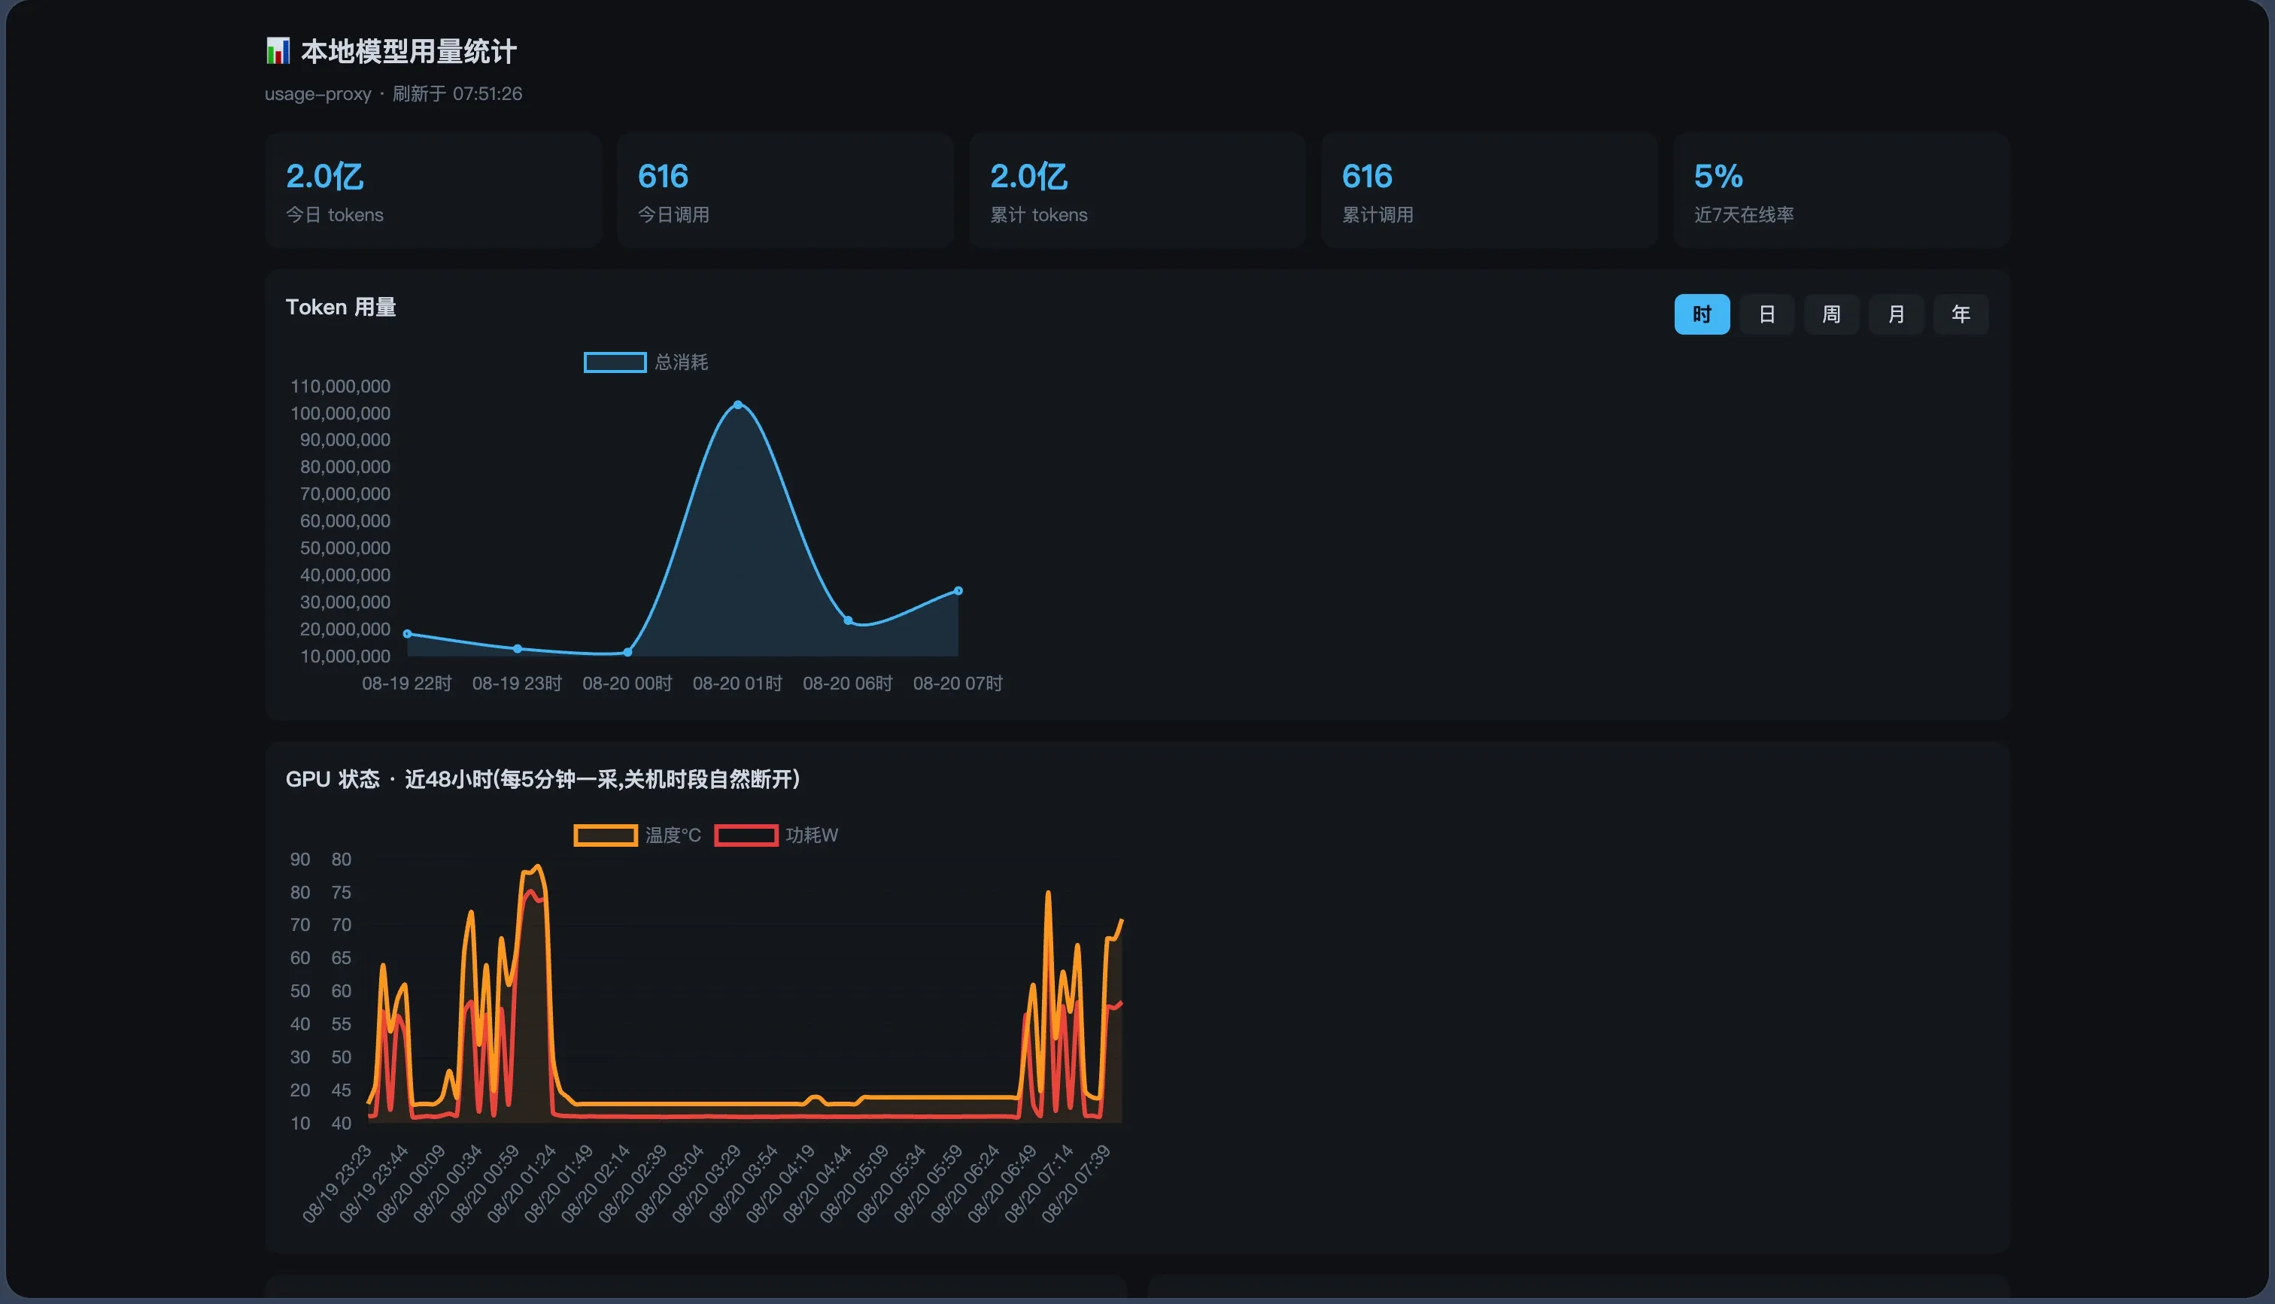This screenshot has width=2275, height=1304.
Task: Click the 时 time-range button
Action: (1702, 314)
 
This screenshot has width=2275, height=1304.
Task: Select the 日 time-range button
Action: (1766, 314)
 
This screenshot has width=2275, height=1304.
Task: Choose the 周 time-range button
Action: (1830, 314)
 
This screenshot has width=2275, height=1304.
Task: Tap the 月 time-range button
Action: (1896, 314)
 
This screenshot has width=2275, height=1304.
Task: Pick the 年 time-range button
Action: (1961, 314)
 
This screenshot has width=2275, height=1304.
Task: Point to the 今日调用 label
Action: (673, 215)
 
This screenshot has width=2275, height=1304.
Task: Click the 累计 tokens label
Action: (1038, 215)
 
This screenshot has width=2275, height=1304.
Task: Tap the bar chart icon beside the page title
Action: (278, 51)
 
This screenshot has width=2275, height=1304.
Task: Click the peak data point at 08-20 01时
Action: (738, 405)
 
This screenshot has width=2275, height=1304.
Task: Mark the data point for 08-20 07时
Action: (958, 590)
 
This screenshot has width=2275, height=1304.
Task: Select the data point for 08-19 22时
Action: (408, 634)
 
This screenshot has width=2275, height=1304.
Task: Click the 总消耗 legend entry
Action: (645, 362)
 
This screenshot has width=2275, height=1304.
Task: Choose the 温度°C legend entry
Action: (636, 835)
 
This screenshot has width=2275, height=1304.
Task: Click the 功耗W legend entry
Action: (776, 835)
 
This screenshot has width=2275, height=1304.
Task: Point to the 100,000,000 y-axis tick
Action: (340, 414)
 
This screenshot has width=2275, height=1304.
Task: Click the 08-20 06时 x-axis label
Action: (847, 684)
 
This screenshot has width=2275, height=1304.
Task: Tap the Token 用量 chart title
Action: (340, 307)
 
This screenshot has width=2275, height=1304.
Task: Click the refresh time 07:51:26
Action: (487, 94)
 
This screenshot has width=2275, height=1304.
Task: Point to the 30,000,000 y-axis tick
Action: (345, 602)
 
